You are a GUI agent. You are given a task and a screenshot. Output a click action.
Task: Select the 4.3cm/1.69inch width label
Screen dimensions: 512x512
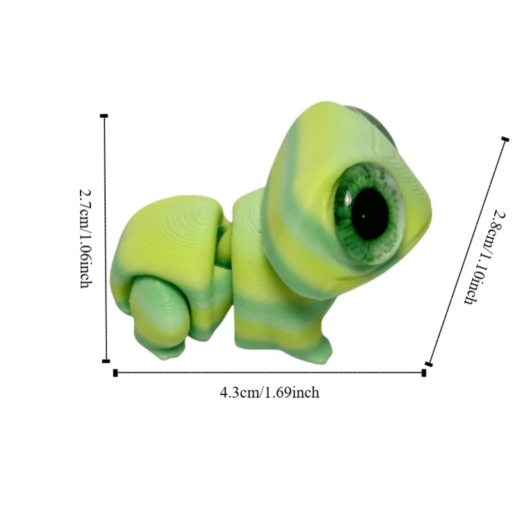coord(269,392)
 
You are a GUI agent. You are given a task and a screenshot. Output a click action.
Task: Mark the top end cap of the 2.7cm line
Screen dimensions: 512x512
coord(104,116)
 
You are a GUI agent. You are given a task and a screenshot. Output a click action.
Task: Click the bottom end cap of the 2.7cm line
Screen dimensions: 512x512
coord(106,361)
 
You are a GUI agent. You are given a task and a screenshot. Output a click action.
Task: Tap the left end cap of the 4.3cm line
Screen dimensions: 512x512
coord(115,372)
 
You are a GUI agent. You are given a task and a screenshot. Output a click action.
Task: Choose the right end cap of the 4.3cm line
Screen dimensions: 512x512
coord(424,372)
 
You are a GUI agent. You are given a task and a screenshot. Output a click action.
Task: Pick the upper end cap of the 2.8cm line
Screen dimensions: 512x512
coord(505,139)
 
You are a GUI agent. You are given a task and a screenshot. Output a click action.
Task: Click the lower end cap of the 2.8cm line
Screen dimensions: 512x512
coord(428,364)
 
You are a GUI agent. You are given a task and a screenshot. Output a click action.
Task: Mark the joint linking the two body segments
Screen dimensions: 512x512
coord(224,246)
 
